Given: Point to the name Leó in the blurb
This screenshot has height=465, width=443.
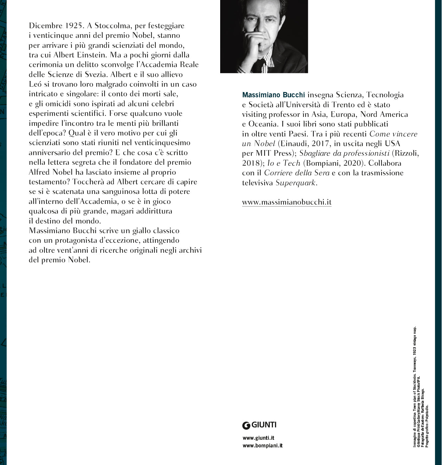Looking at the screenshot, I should pyautogui.click(x=35, y=84).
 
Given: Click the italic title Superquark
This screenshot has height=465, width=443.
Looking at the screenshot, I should pyautogui.click(x=295, y=183).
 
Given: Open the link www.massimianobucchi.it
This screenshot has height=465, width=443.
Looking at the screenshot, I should pyautogui.click(x=287, y=202).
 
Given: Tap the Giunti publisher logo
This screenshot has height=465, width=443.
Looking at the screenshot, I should pyautogui.click(x=259, y=425).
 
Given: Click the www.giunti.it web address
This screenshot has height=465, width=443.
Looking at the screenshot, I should pyautogui.click(x=258, y=438).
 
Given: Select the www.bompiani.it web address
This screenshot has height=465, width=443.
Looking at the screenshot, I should pyautogui.click(x=262, y=446).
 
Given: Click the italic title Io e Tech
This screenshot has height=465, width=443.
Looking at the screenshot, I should pyautogui.click(x=284, y=163).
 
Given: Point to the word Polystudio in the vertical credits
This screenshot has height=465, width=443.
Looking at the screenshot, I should pyautogui.click(x=427, y=415).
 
